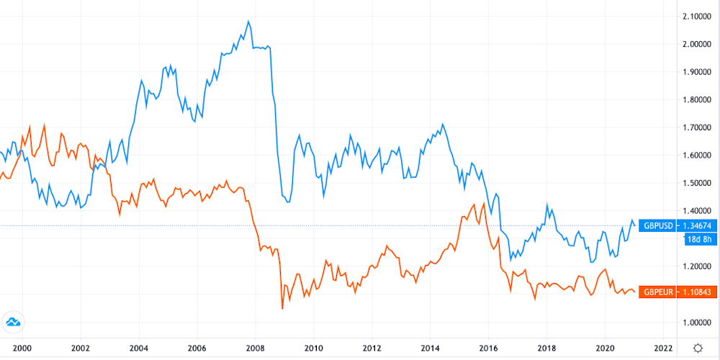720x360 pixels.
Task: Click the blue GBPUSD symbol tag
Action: click(657, 226)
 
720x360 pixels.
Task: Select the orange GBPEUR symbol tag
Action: click(657, 292)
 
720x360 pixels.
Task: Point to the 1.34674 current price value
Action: click(696, 226)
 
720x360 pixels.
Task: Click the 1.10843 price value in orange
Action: click(696, 292)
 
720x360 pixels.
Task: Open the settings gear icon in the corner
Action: click(698, 347)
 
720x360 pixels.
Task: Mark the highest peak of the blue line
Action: click(248, 21)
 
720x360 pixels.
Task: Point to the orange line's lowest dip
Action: click(282, 309)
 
